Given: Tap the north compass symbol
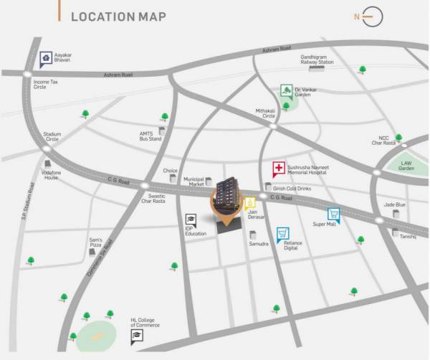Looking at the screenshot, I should coord(373,16).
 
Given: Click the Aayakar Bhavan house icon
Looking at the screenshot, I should coord(46,57).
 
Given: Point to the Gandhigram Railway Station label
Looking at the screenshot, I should coord(317,59).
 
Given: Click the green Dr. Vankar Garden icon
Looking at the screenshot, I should coord(286,91).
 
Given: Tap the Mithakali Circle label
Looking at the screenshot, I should coord(265,113).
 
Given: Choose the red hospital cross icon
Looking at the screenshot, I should coord(277,169).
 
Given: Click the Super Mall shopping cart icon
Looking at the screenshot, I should coord(333,214).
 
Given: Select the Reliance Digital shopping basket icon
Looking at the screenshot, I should coord(283,234).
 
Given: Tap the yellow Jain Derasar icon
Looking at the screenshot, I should coord(249,202).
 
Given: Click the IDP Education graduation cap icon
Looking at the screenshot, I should coord(191,219).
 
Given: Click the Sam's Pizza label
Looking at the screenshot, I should coord(95,242).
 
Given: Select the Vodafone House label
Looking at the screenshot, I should coord(50,175).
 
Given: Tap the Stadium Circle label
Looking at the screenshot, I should coord(52,136).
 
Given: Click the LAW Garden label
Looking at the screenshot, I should coord(406,166).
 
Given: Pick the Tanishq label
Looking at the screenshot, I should coord(408,236).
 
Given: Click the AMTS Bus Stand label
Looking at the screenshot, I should coord(150,136).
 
